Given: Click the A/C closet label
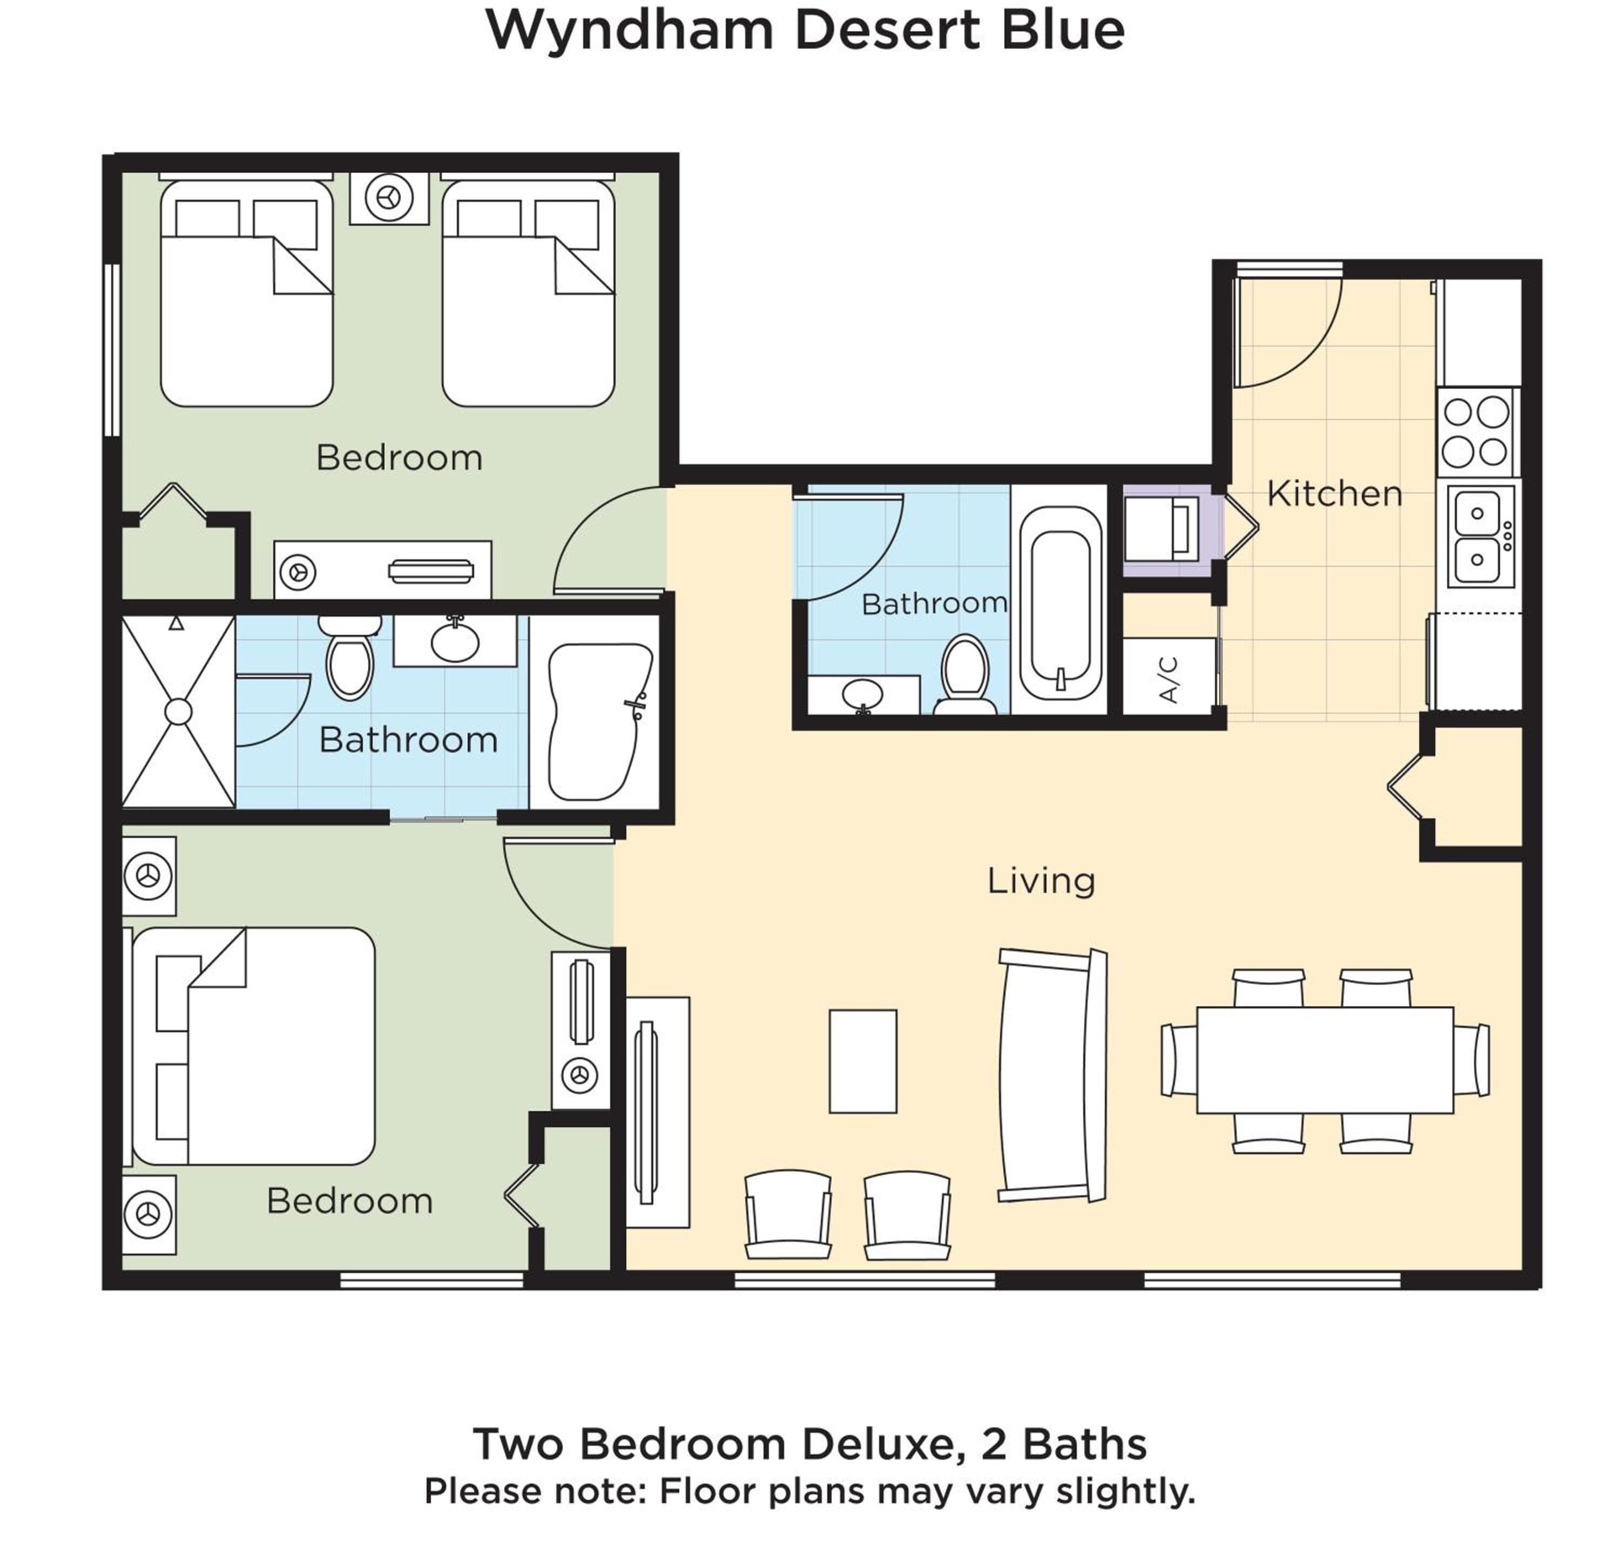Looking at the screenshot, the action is point(1168,679).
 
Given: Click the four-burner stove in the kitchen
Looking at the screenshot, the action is point(1475,431).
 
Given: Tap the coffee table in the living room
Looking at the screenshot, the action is point(863,1061).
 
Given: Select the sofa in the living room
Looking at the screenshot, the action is point(1052,1074).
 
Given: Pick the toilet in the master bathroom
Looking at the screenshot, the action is point(349,657).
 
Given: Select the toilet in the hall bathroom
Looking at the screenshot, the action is point(966,674).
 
